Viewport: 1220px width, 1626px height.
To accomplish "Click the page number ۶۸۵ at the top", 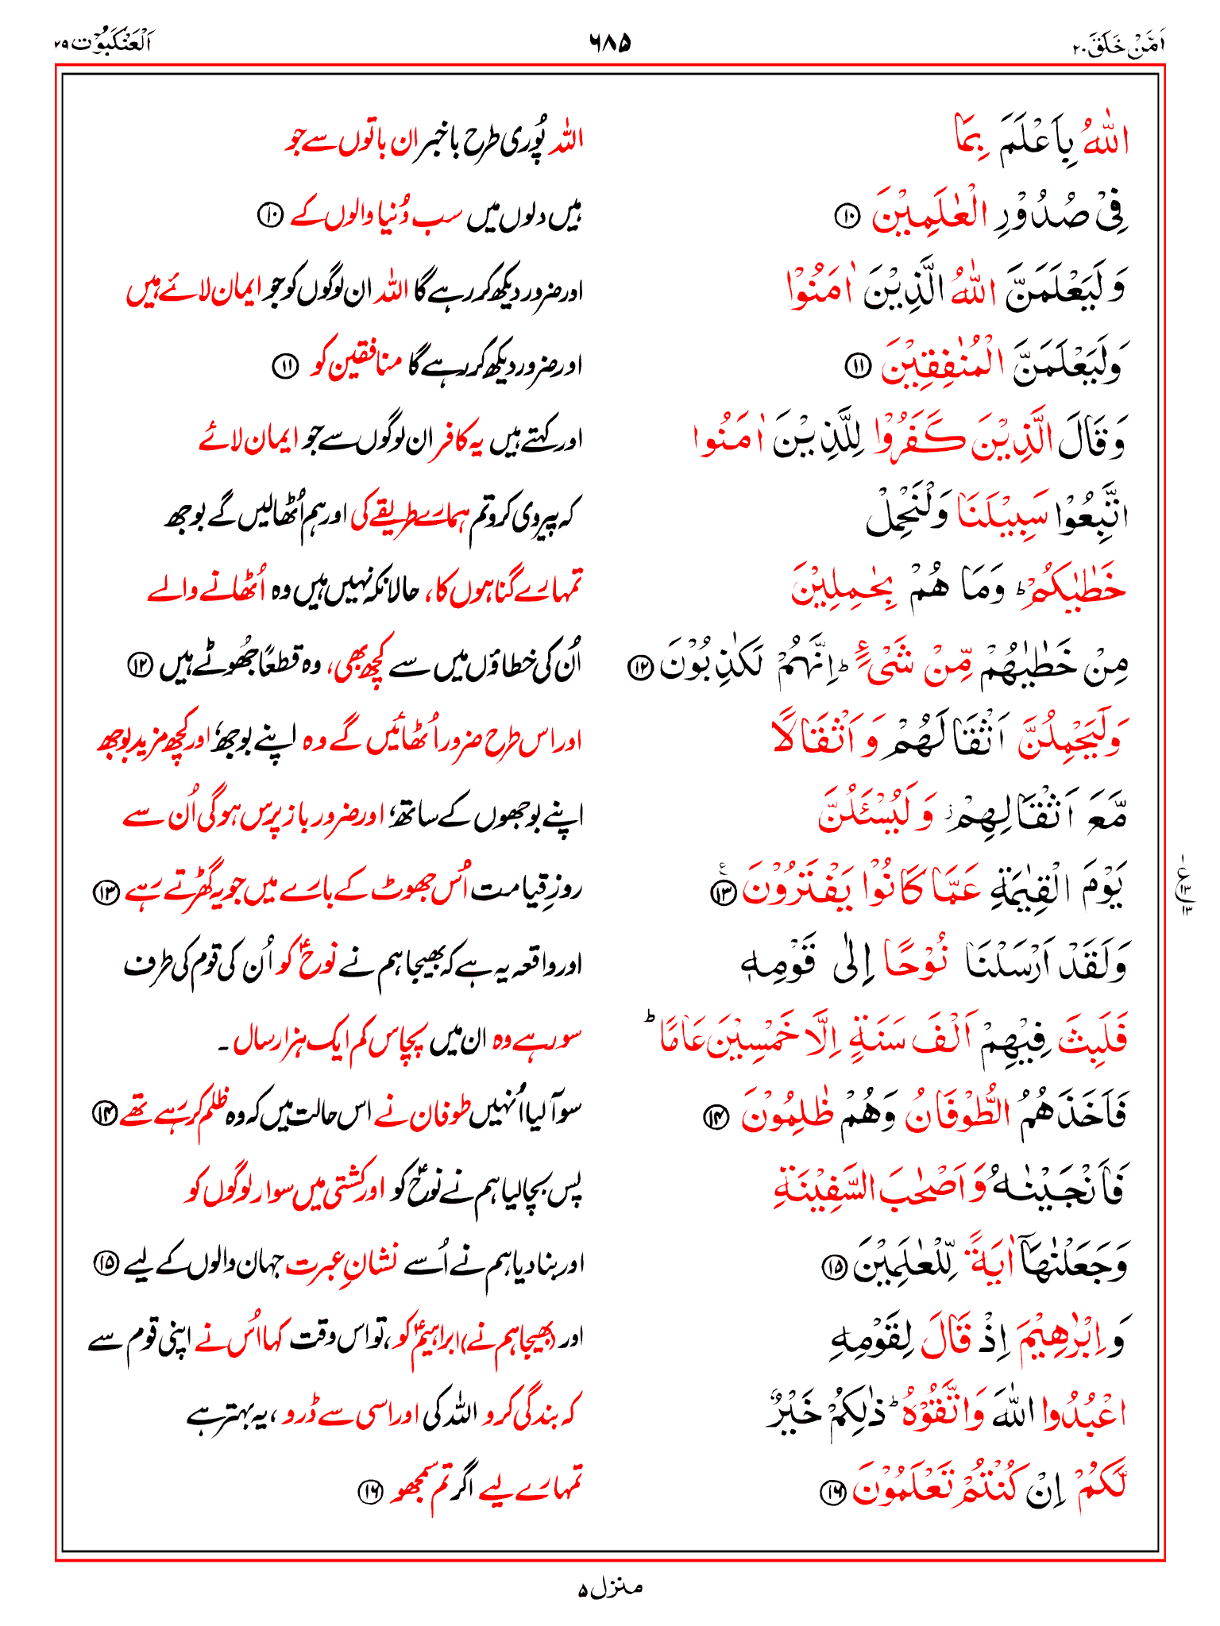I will pyautogui.click(x=610, y=41).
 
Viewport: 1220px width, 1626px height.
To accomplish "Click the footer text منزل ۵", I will pyautogui.click(x=610, y=1588).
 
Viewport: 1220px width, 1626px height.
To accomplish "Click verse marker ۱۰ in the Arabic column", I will pyautogui.click(x=847, y=215).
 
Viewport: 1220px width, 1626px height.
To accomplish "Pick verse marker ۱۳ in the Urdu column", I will pyautogui.click(x=106, y=892).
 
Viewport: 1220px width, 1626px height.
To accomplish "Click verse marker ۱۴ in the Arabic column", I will pyautogui.click(x=715, y=1118).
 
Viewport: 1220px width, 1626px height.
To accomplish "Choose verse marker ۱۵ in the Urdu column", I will pyautogui.click(x=106, y=1262).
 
